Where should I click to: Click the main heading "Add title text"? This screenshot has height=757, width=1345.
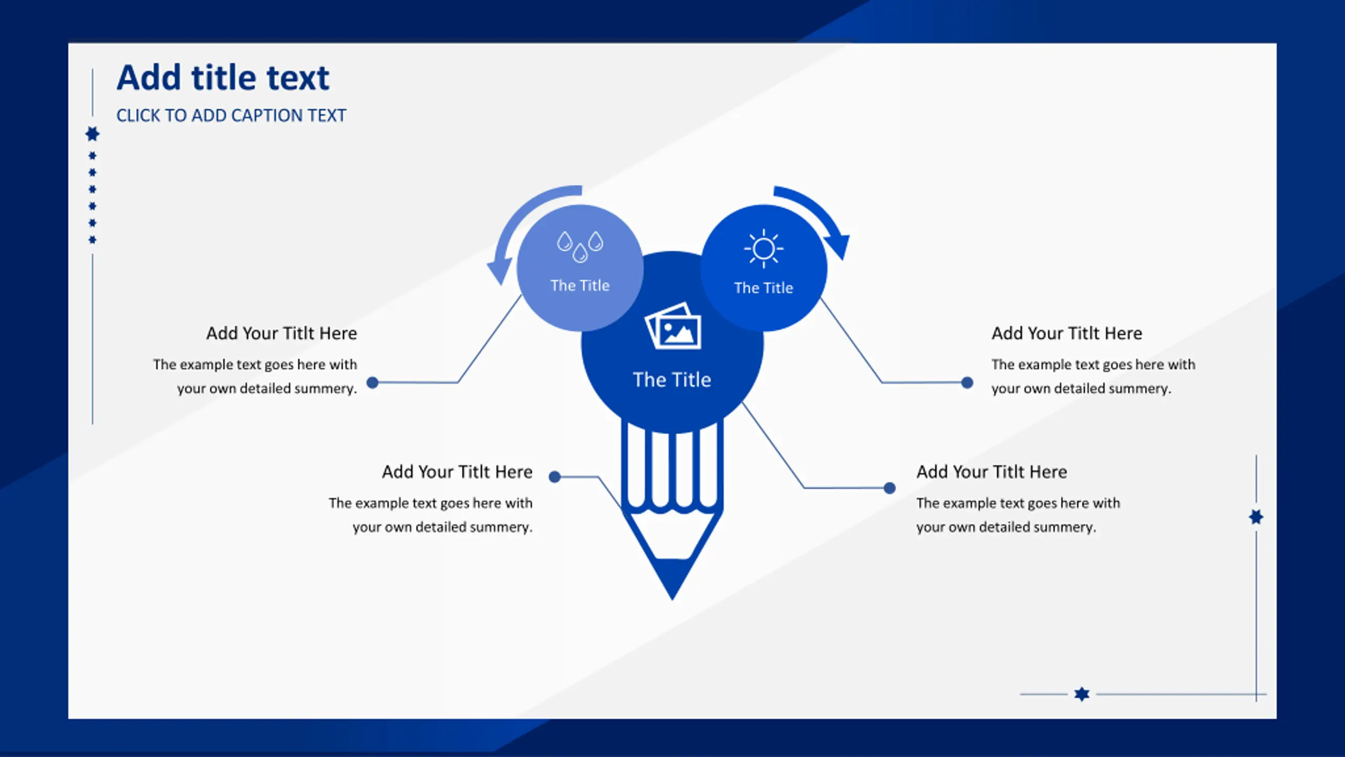[x=223, y=78]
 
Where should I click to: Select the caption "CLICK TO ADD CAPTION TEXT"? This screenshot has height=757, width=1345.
[x=231, y=115]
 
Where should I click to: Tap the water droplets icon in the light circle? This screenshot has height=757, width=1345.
[x=580, y=246]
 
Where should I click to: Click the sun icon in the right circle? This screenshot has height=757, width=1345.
[x=763, y=248]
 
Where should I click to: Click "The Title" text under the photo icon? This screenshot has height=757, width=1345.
[x=672, y=380]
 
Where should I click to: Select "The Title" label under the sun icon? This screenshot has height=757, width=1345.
[x=763, y=288]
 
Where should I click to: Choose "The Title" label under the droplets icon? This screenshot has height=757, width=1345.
[x=580, y=285]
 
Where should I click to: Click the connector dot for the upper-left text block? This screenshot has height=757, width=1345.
[x=373, y=382]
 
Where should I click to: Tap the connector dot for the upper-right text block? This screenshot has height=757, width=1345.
[x=967, y=382]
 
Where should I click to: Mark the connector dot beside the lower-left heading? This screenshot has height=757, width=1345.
[x=555, y=477]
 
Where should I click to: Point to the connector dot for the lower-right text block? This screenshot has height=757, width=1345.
[x=889, y=488]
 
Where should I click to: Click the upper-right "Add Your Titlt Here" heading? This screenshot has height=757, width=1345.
[x=1067, y=333]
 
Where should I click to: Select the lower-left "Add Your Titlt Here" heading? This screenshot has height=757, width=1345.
[x=457, y=472]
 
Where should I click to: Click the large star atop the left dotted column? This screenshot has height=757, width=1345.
[x=92, y=134]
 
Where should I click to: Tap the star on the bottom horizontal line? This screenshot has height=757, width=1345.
[x=1082, y=694]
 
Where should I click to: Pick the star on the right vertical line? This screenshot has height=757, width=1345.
[x=1256, y=517]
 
